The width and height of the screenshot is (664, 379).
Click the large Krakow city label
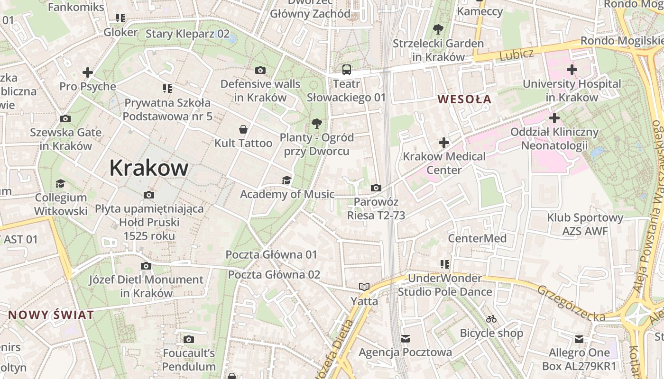[x=149, y=168]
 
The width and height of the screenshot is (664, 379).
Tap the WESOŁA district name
[x=464, y=99]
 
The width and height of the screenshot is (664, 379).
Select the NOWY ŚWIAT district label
[x=51, y=315]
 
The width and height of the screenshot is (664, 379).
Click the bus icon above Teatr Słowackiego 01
[x=347, y=70]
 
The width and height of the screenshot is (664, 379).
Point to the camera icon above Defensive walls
[x=260, y=71]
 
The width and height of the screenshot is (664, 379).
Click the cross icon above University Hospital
[x=572, y=70]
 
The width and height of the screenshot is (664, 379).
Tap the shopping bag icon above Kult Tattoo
[x=243, y=129]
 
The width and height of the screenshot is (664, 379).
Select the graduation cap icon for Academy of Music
[x=286, y=180]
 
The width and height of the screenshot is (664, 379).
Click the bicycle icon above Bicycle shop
[x=491, y=319]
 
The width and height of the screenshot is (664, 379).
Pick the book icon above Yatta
[x=364, y=287]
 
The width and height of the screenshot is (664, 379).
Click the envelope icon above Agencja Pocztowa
[x=406, y=338]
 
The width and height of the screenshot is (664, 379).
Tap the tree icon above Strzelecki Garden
[x=438, y=29]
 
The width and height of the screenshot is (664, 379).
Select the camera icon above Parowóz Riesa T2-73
[x=376, y=188]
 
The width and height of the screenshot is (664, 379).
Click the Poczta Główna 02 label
[x=274, y=275]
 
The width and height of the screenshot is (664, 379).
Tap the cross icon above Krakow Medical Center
[x=444, y=142]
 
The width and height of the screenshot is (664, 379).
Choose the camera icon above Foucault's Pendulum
[x=189, y=339]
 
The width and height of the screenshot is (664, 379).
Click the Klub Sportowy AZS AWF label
[x=585, y=225]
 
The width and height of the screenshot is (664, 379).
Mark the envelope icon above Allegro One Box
[x=579, y=339]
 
